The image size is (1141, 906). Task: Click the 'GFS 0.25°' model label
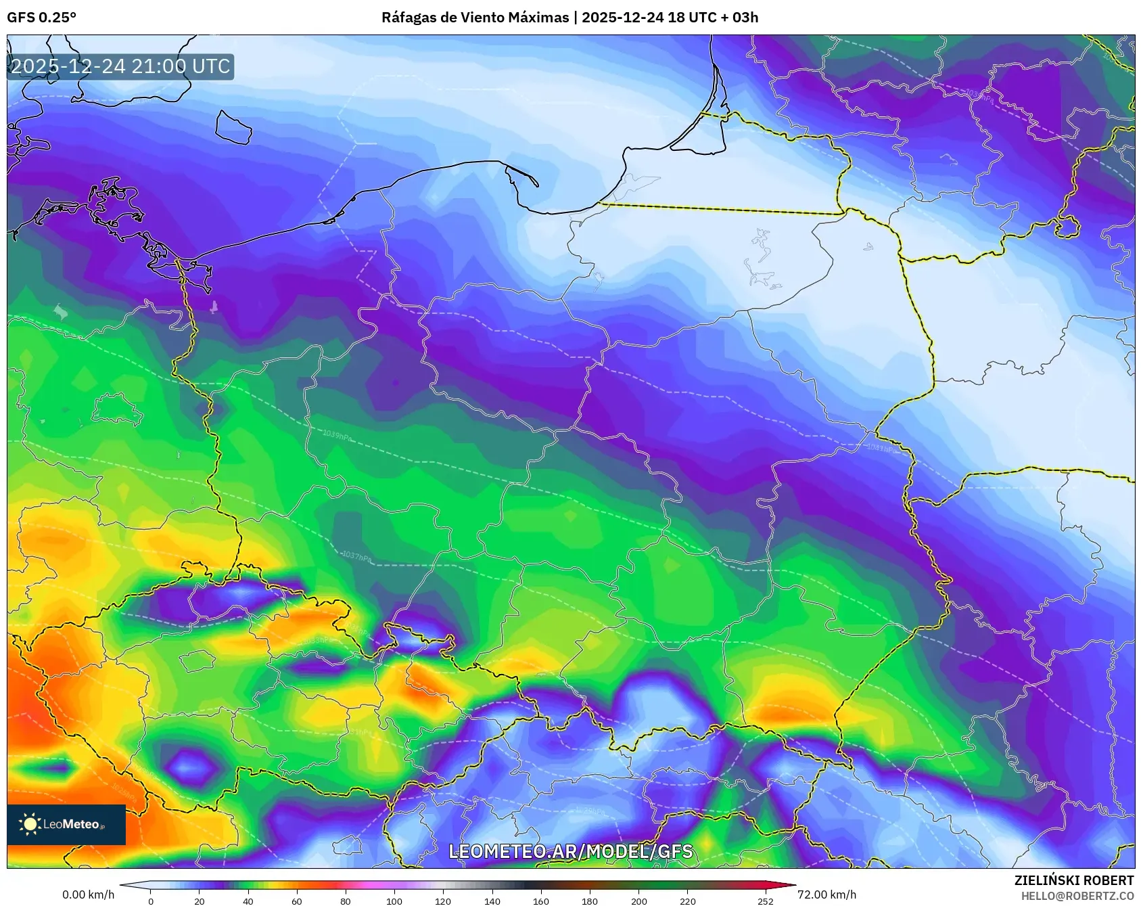41,18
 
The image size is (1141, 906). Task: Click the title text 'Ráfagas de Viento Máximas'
475,18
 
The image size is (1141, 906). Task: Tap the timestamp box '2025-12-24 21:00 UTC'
121,66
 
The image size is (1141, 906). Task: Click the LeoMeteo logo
66,824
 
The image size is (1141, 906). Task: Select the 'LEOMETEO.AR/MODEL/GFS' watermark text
570,851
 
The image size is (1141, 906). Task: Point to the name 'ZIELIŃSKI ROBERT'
1073,880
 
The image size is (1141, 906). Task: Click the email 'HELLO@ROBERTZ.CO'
1077,896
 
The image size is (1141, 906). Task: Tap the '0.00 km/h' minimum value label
88,894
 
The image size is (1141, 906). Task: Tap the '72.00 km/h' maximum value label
826,894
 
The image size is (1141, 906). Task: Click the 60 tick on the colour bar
297,901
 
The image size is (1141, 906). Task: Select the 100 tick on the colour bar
394,901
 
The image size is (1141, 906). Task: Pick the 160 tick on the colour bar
541,901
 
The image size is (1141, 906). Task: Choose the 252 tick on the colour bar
766,901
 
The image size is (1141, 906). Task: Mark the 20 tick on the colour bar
200,901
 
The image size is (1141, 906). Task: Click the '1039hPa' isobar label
337,436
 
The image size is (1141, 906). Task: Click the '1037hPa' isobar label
356,556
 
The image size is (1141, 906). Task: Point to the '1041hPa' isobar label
881,448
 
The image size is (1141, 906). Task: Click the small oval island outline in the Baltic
233,127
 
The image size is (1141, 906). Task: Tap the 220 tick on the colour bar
688,901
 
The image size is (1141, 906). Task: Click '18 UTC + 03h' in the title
713,18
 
